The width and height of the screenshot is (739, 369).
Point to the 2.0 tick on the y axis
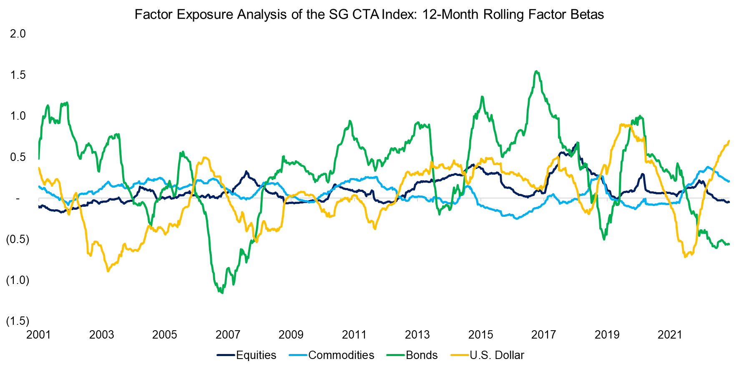tap(18, 34)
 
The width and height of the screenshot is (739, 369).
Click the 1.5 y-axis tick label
tap(18, 75)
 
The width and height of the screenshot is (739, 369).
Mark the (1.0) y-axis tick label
tap(18, 280)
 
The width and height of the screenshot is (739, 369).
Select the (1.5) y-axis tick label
tap(18, 321)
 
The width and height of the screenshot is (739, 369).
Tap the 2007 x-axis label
tap(228, 334)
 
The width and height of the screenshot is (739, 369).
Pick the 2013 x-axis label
tap(417, 334)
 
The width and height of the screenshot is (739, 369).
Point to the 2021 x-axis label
tap(670, 334)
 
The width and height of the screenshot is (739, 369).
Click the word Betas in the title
tap(588, 15)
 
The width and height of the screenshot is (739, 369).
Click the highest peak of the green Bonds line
tap(536, 71)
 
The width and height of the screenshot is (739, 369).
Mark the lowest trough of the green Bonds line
tap(222, 293)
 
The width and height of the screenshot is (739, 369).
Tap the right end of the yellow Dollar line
tap(729, 141)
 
